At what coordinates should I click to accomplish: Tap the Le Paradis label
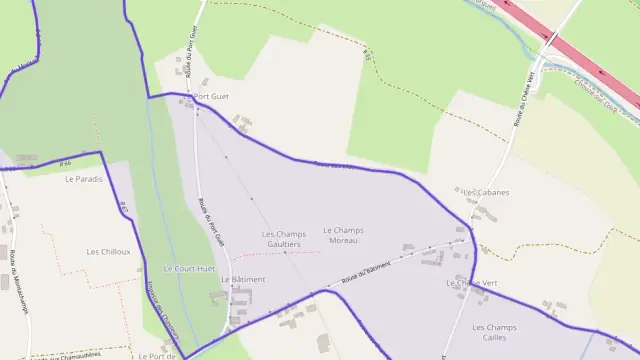coord(84,179)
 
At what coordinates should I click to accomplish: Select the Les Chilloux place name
coord(108,252)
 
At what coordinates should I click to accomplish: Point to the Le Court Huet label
coord(189,269)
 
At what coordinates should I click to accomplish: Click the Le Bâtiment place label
coord(243,280)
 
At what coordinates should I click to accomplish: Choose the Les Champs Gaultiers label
coord(284,239)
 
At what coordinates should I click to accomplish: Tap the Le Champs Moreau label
coord(343,235)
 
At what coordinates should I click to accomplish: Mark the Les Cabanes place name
coord(486,192)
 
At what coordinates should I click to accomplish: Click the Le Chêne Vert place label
coord(472,283)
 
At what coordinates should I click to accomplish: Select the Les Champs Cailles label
coord(493,332)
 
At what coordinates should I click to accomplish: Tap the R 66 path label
coord(65,163)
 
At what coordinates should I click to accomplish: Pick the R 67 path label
coord(124,209)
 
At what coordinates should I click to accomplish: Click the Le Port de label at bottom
coord(157,355)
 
